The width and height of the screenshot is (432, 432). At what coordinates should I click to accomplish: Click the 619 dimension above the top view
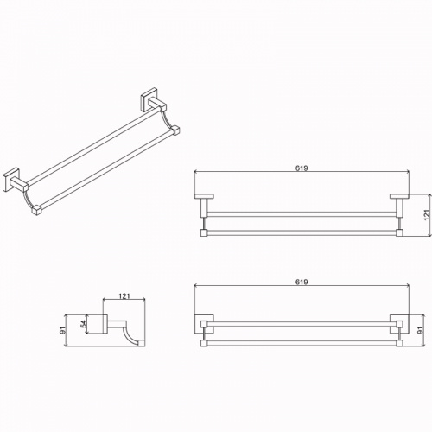[302, 168]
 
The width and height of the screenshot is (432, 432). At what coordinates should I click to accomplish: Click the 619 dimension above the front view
[302, 282]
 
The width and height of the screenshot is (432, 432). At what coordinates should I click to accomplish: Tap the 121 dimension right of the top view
[427, 215]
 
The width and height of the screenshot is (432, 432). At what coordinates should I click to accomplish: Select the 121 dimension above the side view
[124, 295]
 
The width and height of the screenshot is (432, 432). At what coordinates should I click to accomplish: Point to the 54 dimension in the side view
[84, 324]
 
